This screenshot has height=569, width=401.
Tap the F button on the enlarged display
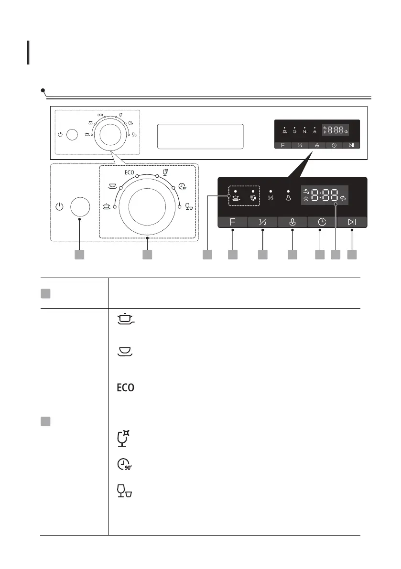pyautogui.click(x=232, y=222)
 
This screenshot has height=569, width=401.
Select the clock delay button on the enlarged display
pyautogui.click(x=320, y=222)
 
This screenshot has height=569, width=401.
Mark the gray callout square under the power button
pyautogui.click(x=80, y=255)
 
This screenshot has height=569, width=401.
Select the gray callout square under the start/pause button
pyautogui.click(x=352, y=255)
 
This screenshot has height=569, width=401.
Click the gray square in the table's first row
pyautogui.click(x=45, y=293)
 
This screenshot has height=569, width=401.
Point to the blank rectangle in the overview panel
pyautogui.click(x=200, y=136)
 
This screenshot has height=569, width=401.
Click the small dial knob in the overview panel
pyautogui.click(x=109, y=134)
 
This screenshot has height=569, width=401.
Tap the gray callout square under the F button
pyautogui.click(x=232, y=255)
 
